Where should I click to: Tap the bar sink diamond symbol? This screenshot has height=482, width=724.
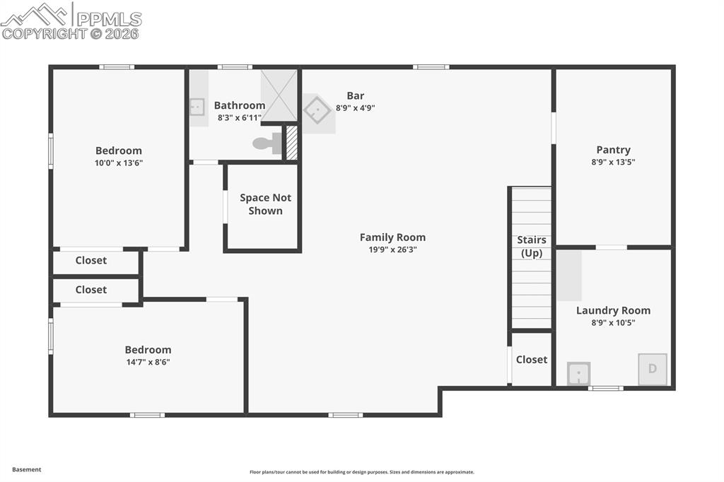pyautogui.click(x=317, y=110)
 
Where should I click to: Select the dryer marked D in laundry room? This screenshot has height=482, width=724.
pyautogui.click(x=652, y=369)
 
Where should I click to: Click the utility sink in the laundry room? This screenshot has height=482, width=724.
pyautogui.click(x=578, y=373)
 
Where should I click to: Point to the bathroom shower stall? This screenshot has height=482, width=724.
pyautogui.click(x=279, y=95)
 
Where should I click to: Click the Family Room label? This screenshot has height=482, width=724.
pyautogui.click(x=392, y=237)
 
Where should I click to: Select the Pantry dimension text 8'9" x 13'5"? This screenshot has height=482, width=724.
pyautogui.click(x=613, y=162)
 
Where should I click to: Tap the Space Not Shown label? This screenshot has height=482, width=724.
pyautogui.click(x=265, y=204)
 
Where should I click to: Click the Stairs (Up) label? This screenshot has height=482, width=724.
pyautogui.click(x=532, y=247)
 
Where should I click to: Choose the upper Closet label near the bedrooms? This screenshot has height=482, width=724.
pyautogui.click(x=91, y=260)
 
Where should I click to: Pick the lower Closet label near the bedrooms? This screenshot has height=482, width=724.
pyautogui.click(x=91, y=289)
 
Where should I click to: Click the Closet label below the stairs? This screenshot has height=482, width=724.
pyautogui.click(x=532, y=359)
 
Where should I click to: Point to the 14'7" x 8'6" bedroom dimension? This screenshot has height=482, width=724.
pyautogui.click(x=148, y=362)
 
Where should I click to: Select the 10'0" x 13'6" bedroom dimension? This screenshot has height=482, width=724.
pyautogui.click(x=119, y=163)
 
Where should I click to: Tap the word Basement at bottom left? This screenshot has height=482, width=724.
pyautogui.click(x=27, y=469)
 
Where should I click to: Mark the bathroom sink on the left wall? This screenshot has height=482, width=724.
pyautogui.click(x=197, y=107)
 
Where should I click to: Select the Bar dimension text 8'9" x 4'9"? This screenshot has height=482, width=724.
pyautogui.click(x=355, y=108)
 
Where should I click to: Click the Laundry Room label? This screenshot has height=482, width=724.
pyautogui.click(x=613, y=310)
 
